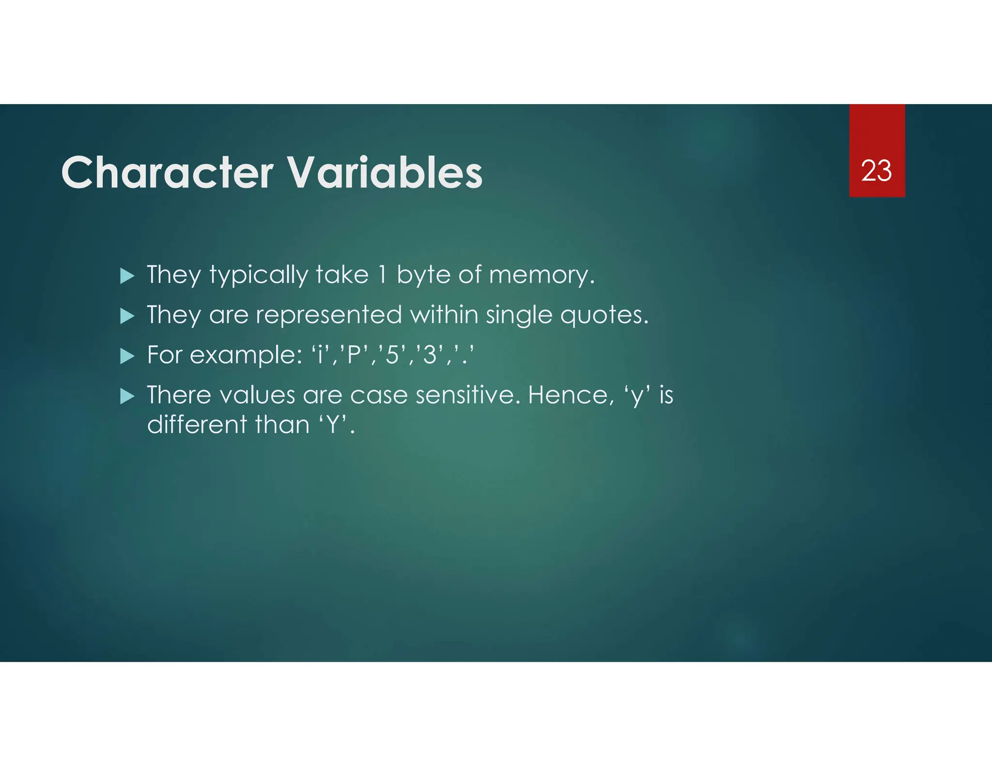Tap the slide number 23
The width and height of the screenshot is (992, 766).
pyautogui.click(x=876, y=171)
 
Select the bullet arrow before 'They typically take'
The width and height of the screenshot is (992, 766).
pyautogui.click(x=127, y=276)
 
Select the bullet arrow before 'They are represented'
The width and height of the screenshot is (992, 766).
pyautogui.click(x=127, y=316)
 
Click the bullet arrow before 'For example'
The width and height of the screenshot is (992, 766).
pyautogui.click(x=127, y=356)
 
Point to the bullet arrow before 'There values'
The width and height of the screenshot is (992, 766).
pyautogui.click(x=127, y=397)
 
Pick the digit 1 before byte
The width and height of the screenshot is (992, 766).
pyautogui.click(x=382, y=275)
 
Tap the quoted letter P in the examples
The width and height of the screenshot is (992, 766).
pyautogui.click(x=355, y=355)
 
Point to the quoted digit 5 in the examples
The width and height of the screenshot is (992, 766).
pyautogui.click(x=392, y=355)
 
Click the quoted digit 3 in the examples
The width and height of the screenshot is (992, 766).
pyautogui.click(x=430, y=355)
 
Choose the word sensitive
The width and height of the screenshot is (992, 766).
pyautogui.click(x=467, y=395)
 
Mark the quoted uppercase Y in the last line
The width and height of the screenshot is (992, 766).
pyautogui.click(x=333, y=425)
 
